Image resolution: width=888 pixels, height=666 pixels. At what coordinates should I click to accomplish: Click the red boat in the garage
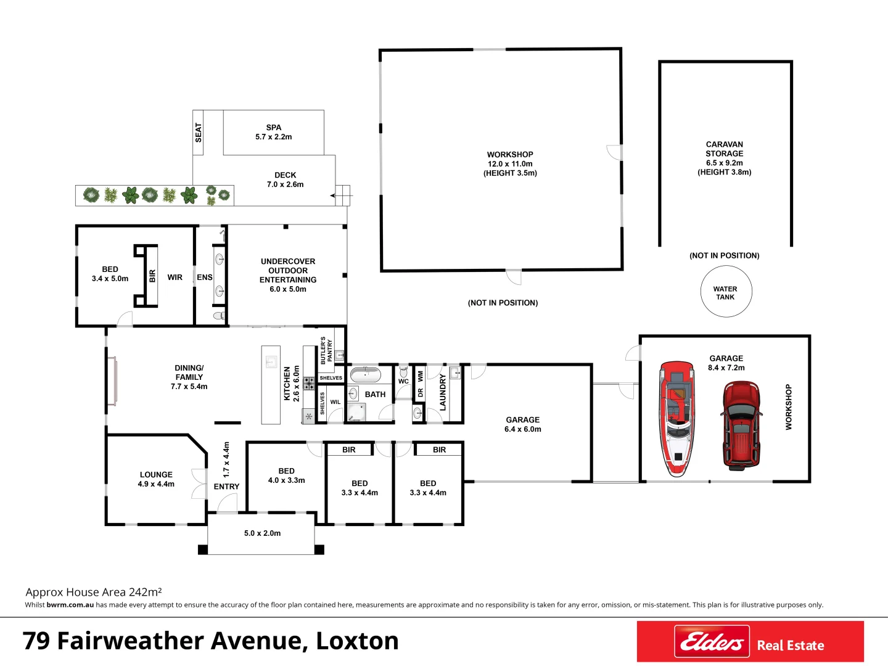pyautogui.click(x=676, y=419)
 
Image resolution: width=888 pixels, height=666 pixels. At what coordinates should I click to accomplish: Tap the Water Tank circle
pyautogui.click(x=726, y=292)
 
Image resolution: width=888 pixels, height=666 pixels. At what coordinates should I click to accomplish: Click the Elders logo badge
pyautogui.click(x=712, y=642)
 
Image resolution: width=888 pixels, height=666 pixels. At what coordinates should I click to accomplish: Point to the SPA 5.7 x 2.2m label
pyautogui.click(x=274, y=133)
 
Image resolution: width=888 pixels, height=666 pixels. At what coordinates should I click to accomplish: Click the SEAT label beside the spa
pyautogui.click(x=199, y=133)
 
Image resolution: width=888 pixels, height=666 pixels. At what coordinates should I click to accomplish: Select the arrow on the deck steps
pyautogui.click(x=337, y=195)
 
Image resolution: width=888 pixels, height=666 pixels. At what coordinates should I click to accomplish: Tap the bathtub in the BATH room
pyautogui.click(x=366, y=374)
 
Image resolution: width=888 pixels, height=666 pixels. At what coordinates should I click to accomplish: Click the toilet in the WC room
pyautogui.click(x=403, y=371)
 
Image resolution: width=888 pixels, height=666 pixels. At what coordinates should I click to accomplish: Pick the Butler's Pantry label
pyautogui.click(x=326, y=350)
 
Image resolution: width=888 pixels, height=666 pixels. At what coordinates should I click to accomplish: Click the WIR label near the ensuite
pyautogui.click(x=175, y=277)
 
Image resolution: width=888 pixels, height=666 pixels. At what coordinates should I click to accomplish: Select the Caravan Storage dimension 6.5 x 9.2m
pyautogui.click(x=725, y=163)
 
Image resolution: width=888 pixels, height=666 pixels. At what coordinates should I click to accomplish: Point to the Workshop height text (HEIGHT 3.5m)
pyautogui.click(x=510, y=173)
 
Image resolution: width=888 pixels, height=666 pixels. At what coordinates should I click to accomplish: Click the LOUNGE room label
pyautogui.click(x=156, y=475)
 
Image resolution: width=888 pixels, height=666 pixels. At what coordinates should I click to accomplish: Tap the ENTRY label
pyautogui.click(x=226, y=487)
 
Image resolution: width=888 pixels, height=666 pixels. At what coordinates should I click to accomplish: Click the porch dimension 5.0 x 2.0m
pyautogui.click(x=262, y=533)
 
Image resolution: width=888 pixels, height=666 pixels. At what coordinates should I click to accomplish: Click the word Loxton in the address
pyautogui.click(x=357, y=641)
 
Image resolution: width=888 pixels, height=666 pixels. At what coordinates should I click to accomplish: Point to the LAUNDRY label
pyautogui.click(x=443, y=392)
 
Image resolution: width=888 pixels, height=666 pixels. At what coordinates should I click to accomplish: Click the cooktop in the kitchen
pyautogui.click(x=309, y=383)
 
